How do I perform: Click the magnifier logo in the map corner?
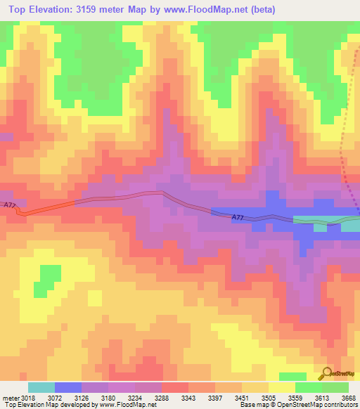[326, 373]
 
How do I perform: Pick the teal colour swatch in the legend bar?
[41, 387]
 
